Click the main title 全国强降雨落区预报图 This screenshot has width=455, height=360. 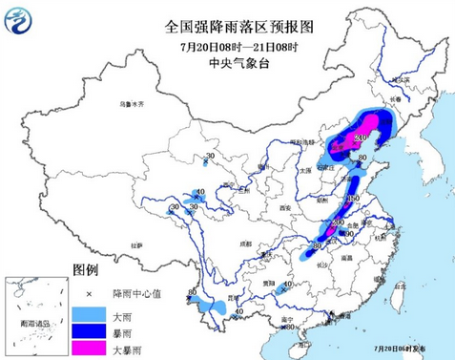coord(227,27)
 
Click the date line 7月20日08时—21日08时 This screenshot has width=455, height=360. coord(227,46)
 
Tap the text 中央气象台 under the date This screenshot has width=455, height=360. coord(227,64)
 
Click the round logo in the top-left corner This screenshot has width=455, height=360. coord(18,18)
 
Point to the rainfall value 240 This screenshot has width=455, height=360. coord(360,138)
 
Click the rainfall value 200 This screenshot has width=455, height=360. coord(337,222)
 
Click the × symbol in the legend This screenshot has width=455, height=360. coord(87,291)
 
